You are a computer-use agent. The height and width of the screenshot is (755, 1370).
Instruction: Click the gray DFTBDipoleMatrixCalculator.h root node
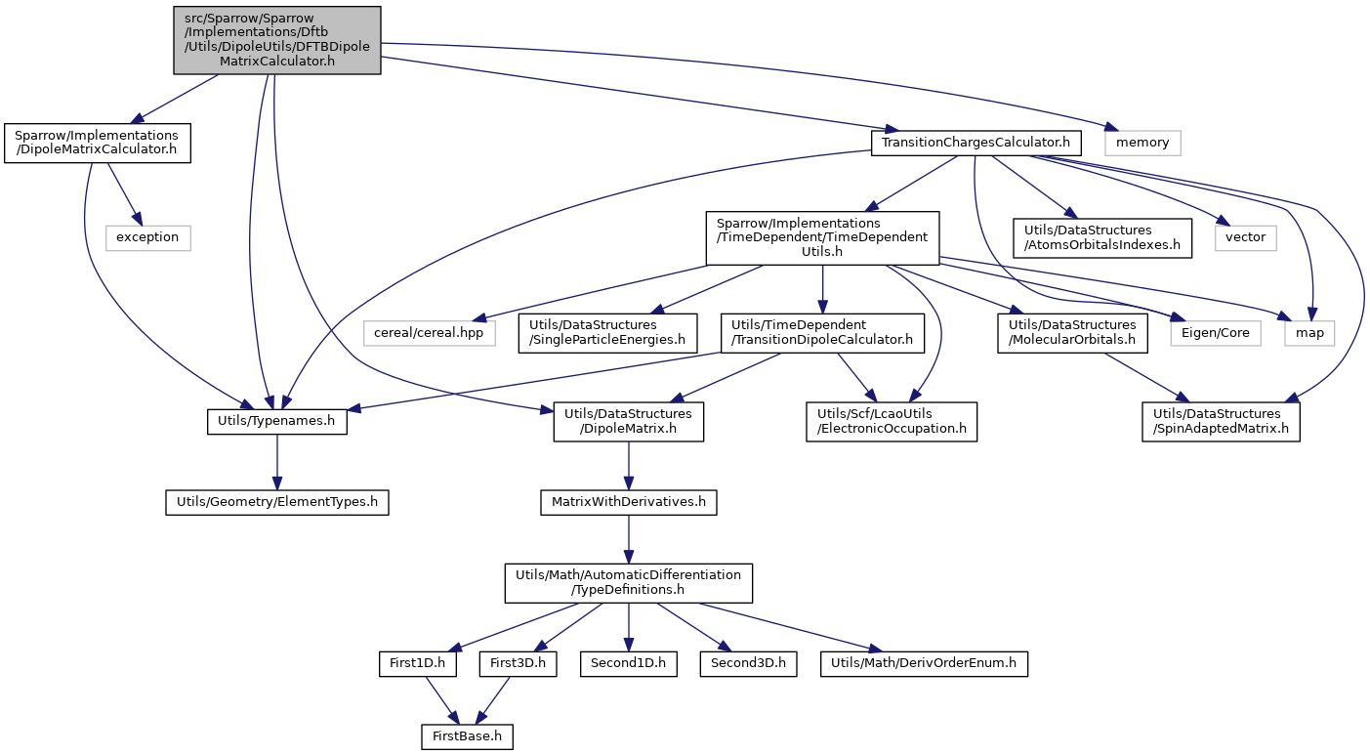pos(277,40)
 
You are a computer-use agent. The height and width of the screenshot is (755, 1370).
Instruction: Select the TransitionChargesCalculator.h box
pos(976,144)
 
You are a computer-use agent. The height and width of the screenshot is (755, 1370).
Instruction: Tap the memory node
pos(1142,144)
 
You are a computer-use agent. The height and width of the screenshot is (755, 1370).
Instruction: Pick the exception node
pos(148,238)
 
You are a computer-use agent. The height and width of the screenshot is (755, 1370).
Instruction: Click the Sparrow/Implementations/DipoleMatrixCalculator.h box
pos(98,144)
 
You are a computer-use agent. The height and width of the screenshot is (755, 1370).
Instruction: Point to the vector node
pos(1246,238)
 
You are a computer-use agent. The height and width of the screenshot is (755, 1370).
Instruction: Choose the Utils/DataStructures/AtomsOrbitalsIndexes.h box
pos(1102,238)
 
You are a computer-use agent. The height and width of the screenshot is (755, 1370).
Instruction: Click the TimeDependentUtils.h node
pos(822,238)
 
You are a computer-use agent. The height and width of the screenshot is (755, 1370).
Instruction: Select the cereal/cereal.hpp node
pos(430,333)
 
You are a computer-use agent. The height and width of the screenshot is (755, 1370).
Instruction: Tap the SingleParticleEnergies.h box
pos(608,333)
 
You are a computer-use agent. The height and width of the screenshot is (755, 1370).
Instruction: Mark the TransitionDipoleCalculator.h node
pos(822,333)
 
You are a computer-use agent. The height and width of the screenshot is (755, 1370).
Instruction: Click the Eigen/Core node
pos(1216,333)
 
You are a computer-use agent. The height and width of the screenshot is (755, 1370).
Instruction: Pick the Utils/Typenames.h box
pos(277,422)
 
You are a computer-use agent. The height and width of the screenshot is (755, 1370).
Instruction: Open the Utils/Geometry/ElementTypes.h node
pos(277,502)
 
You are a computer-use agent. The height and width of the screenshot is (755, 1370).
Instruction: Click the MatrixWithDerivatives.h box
pos(629,502)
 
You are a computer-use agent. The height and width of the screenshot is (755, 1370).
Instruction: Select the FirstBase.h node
pos(468,736)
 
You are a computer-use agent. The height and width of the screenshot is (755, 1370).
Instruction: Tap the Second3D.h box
pos(749,664)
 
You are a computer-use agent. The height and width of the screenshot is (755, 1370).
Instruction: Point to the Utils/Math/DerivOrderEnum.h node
pos(924,664)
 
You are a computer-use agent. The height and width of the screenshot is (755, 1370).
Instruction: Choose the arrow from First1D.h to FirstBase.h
pos(441,700)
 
